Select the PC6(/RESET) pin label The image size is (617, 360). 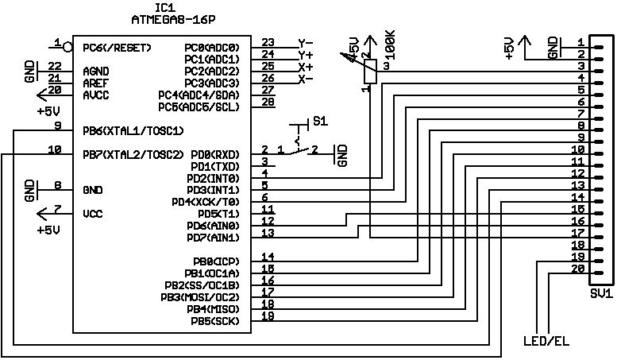118,47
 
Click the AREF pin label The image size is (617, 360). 96,83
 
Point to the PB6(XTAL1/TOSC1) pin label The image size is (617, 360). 133,130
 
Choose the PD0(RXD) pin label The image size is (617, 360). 217,154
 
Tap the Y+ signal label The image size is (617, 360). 306,55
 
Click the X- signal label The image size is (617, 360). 306,79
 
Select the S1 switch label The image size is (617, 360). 320,122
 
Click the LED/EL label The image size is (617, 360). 546,342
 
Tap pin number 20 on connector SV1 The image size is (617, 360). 579,269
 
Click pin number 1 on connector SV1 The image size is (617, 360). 582,42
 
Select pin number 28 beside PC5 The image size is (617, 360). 268,102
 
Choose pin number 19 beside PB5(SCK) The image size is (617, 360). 268,316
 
